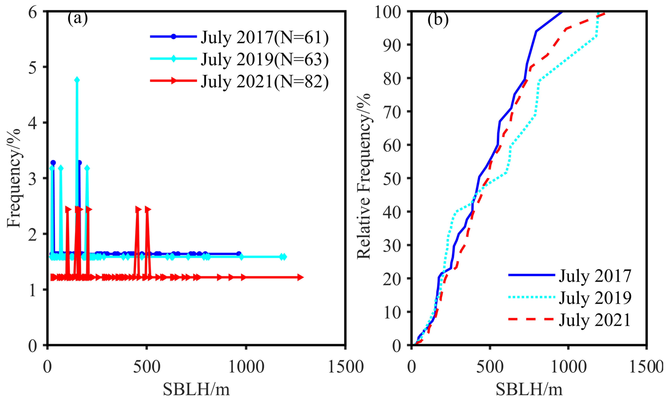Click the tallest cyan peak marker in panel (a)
coord(77,80)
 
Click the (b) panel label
coord(438,19)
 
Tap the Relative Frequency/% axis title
coord(363,176)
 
